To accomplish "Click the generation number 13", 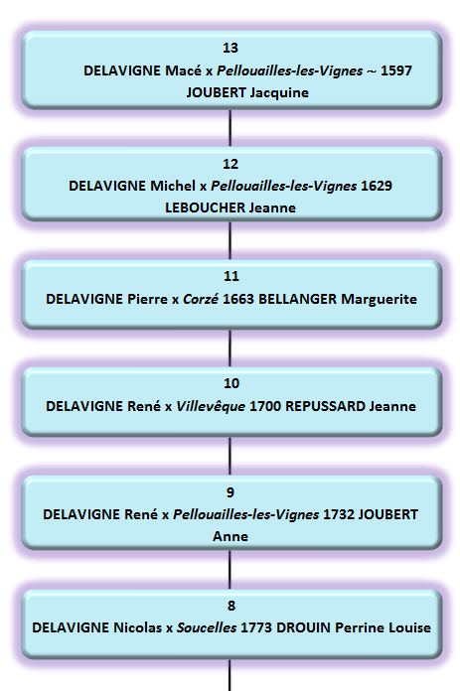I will [230, 48].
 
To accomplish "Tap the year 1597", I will [393, 70].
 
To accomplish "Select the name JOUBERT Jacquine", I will [247, 93].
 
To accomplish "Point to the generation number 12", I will [230, 164].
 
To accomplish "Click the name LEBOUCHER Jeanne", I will [230, 208].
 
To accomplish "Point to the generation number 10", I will [230, 383].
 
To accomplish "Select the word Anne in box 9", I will [230, 536].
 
